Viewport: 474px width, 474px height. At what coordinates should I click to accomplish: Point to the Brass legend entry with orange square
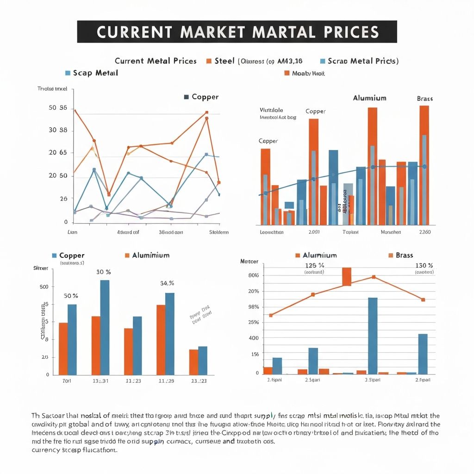click(x=400, y=256)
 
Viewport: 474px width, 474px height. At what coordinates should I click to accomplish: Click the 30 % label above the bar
click(x=104, y=272)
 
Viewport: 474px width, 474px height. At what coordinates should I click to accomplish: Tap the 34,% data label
click(x=167, y=283)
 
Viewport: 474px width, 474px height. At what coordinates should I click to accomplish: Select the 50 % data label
click(x=71, y=296)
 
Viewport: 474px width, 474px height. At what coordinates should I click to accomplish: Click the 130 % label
click(x=424, y=266)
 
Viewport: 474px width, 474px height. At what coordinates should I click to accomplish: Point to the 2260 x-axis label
click(x=424, y=232)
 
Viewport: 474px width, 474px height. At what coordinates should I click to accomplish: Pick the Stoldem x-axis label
click(x=219, y=232)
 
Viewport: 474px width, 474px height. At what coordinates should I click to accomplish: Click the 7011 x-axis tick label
click(x=67, y=381)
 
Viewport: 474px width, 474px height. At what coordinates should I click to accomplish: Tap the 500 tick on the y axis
click(x=44, y=287)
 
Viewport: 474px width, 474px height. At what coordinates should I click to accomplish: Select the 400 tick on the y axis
click(x=254, y=338)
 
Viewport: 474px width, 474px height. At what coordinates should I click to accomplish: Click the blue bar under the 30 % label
click(x=105, y=327)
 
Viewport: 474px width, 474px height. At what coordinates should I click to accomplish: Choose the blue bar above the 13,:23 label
click(x=203, y=361)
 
